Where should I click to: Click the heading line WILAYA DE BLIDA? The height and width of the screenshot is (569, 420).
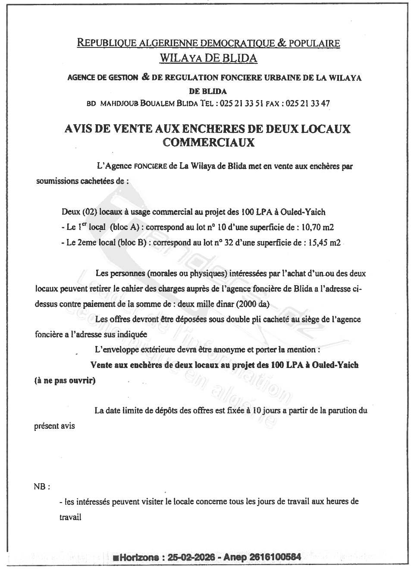click(208, 58)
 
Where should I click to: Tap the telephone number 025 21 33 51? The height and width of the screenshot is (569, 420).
click(245, 104)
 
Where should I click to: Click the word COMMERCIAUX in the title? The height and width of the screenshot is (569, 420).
click(208, 142)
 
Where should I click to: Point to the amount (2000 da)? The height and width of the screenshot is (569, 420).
click(252, 304)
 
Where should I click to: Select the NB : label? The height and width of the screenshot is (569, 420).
click(42, 487)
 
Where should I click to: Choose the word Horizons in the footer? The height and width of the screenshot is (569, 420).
click(140, 557)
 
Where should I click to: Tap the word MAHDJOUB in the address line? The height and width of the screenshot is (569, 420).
click(116, 104)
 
